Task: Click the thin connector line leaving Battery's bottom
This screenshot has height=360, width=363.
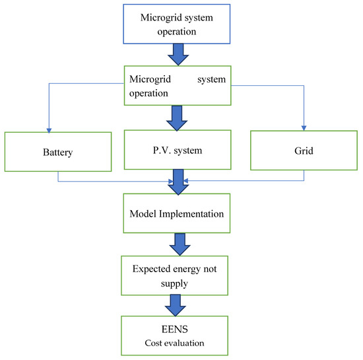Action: pyautogui.click(x=58, y=175)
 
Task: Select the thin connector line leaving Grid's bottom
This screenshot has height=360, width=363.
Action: pyautogui.click(x=304, y=175)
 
